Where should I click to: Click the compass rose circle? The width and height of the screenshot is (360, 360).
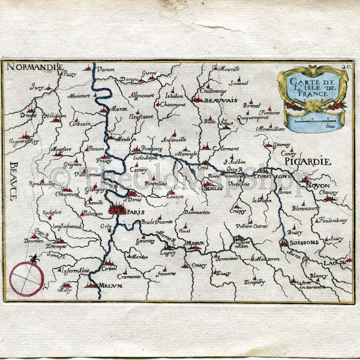[x=26, y=279]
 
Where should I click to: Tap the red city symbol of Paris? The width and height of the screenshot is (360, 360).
[x=117, y=209]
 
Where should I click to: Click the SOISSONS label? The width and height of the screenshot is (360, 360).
[x=304, y=243]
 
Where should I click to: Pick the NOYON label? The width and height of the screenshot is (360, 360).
[x=318, y=186]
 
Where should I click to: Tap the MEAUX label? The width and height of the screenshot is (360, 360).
[x=195, y=242]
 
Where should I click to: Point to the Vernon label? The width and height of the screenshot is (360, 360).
[x=105, y=69]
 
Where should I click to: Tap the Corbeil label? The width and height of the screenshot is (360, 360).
[x=109, y=268]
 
